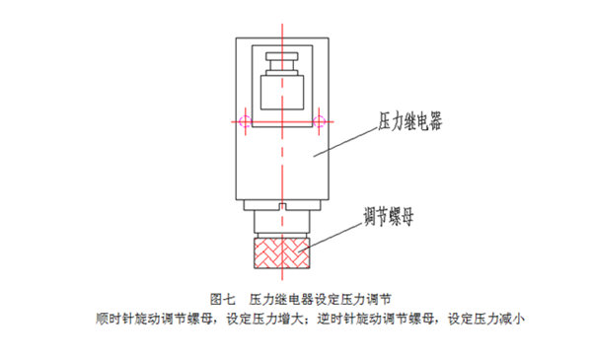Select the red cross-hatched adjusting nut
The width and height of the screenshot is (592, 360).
(281, 252)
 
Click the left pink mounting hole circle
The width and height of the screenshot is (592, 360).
(239, 121)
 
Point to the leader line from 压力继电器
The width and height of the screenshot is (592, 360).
(343, 142)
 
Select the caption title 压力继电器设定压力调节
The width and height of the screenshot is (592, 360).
(321, 297)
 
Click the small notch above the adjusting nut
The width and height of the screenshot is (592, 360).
(281, 207)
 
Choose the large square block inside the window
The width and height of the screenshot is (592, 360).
(281, 93)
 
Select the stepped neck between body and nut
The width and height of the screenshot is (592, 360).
(281, 219)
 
